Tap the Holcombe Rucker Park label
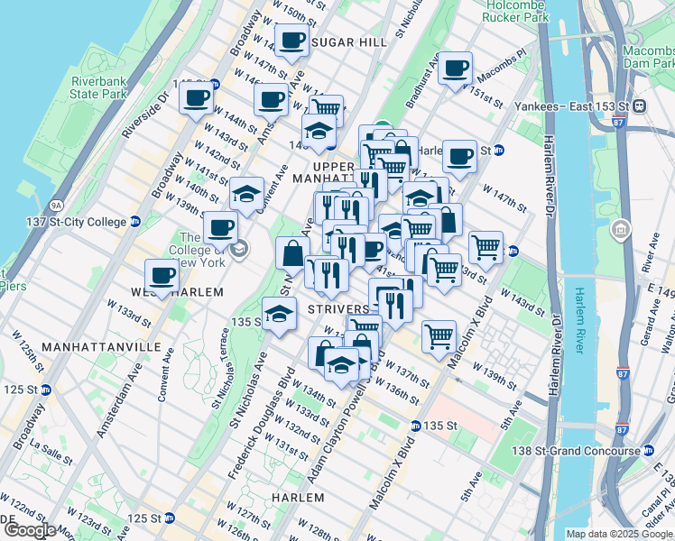point(514,11)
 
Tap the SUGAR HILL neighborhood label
point(341,42)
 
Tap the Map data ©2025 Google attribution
point(619,534)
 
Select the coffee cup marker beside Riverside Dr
point(196,96)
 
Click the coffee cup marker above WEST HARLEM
point(162,275)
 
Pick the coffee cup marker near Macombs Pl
point(456,68)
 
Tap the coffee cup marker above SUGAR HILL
point(291,40)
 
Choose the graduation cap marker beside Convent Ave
point(246,193)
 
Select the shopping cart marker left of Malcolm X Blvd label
point(439,335)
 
